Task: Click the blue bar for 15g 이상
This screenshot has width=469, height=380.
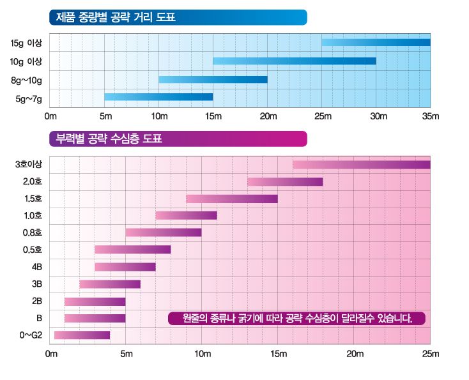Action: pyautogui.click(x=376, y=43)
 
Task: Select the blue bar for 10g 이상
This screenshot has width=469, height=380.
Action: pyautogui.click(x=295, y=61)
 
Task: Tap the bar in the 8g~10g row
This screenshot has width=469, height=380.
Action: pyautogui.click(x=213, y=80)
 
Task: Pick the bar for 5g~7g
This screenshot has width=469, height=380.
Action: pyautogui.click(x=158, y=97)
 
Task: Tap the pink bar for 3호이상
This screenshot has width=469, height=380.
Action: pyautogui.click(x=362, y=165)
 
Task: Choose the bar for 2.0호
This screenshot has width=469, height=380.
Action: pyautogui.click(x=285, y=182)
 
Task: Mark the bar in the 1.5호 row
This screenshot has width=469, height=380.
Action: pyautogui.click(x=232, y=199)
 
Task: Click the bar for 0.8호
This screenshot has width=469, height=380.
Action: pyautogui.click(x=164, y=232)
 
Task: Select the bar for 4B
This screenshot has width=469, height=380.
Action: pyautogui.click(x=125, y=267)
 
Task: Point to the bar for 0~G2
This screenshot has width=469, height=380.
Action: pyautogui.click(x=82, y=335)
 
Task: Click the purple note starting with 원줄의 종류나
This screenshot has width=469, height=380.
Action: pyautogui.click(x=296, y=317)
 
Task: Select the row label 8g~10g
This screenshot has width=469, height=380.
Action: pyautogui.click(x=26, y=80)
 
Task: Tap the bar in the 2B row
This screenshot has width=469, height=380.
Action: pyautogui.click(x=95, y=301)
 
